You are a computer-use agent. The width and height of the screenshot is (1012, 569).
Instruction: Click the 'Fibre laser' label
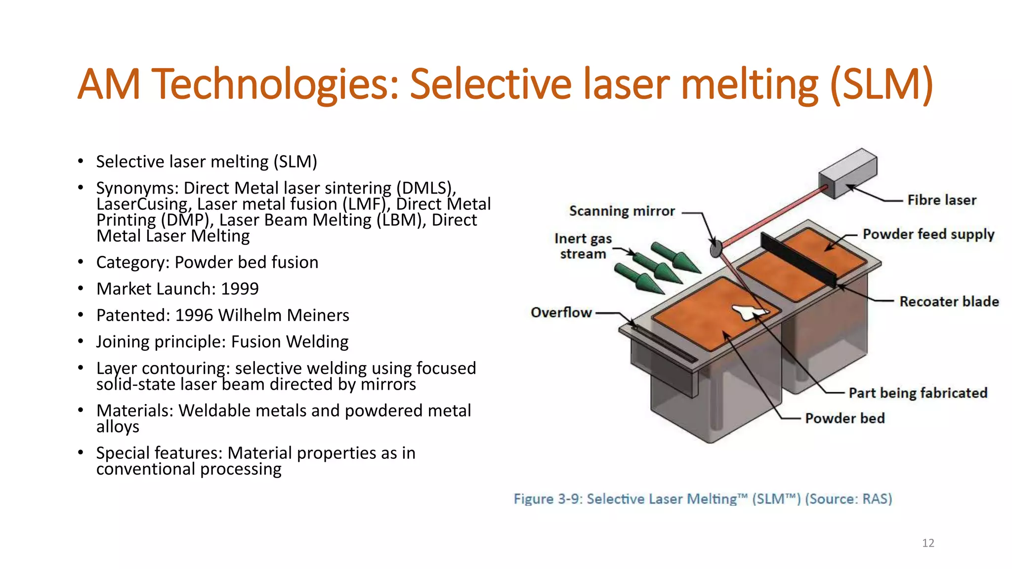click(x=941, y=200)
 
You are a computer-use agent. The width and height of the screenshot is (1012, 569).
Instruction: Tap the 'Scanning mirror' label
click(x=622, y=211)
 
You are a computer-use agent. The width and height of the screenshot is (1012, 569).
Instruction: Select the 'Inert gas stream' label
click(x=583, y=246)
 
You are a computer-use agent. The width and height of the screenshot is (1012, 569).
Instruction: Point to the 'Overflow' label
click(x=561, y=313)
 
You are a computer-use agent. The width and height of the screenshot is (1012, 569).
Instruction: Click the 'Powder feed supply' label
click(x=928, y=234)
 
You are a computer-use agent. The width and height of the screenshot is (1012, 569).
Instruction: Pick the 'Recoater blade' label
click(x=949, y=302)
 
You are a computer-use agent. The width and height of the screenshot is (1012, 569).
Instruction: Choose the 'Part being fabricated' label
click(x=918, y=393)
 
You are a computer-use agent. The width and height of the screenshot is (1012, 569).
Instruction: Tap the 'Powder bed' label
click(x=844, y=418)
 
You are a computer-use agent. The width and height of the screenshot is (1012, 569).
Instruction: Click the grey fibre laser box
click(x=847, y=173)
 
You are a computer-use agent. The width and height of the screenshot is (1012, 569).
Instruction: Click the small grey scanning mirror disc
click(x=716, y=248)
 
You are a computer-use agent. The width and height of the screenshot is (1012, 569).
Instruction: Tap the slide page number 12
click(x=928, y=543)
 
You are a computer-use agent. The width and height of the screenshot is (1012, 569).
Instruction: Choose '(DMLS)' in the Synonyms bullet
click(x=426, y=188)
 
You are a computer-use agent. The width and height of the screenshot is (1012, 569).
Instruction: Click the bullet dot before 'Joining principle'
click(x=81, y=342)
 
